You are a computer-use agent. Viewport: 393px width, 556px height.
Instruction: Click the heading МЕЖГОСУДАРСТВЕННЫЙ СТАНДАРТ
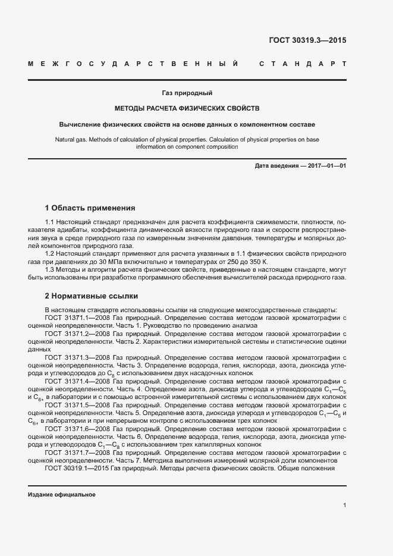187,64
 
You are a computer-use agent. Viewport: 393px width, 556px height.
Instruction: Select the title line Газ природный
187,93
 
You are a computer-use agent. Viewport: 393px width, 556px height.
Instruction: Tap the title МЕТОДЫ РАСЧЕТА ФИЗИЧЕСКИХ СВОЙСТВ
187,109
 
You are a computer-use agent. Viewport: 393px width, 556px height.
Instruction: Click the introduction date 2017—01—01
326,165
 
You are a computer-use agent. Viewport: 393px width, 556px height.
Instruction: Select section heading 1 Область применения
90,208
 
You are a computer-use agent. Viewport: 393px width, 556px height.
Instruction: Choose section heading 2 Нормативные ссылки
92,295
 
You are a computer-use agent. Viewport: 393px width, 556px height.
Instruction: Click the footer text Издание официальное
62,495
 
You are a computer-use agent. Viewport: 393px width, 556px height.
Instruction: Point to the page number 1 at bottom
345,505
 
